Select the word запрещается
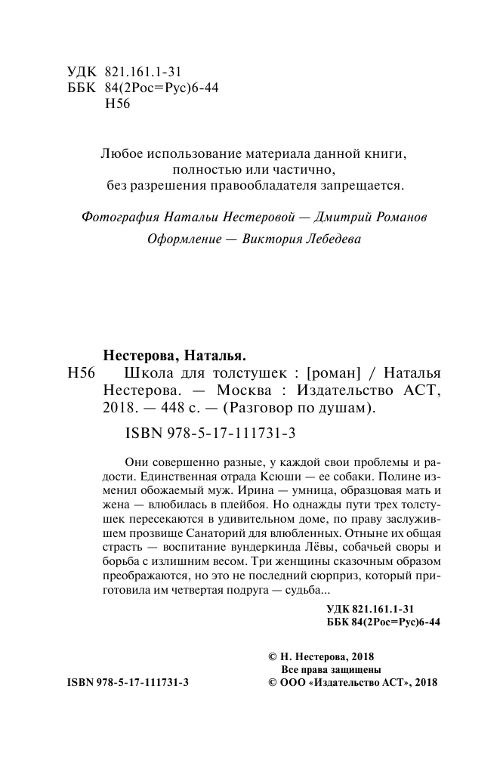pyautogui.click(x=358, y=184)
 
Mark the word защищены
pyautogui.click(x=357, y=669)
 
